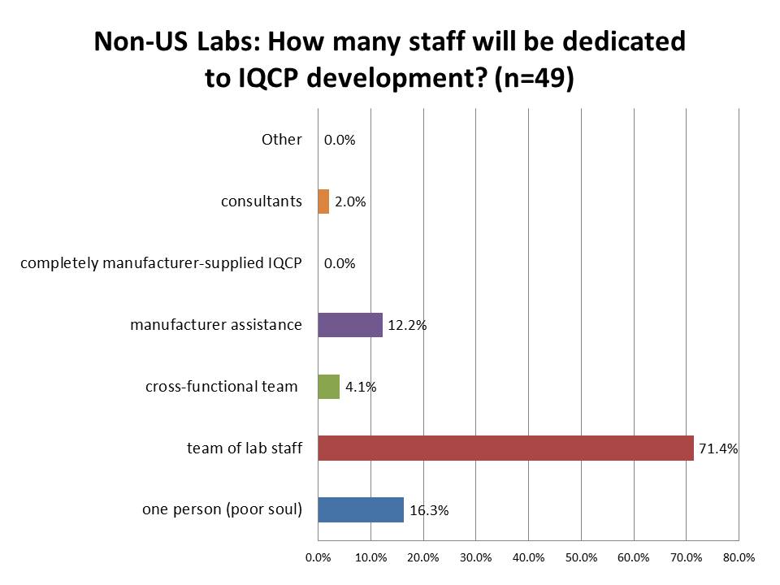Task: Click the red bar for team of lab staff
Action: (505, 448)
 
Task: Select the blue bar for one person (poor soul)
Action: (361, 510)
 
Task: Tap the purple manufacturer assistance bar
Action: (350, 325)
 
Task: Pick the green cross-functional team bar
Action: (328, 387)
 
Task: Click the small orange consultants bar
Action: (323, 201)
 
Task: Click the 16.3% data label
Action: (429, 511)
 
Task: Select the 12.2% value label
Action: (407, 326)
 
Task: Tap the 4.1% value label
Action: (361, 388)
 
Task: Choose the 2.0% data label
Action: (350, 202)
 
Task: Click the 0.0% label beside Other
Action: (340, 141)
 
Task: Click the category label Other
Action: (281, 140)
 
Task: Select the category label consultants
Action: (262, 201)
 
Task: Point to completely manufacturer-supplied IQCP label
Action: (161, 263)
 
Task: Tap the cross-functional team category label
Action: (222, 387)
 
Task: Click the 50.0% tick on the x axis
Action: (581, 558)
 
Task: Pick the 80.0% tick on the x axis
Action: (739, 558)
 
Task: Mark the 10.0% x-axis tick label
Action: (370, 558)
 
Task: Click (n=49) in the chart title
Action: (529, 80)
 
